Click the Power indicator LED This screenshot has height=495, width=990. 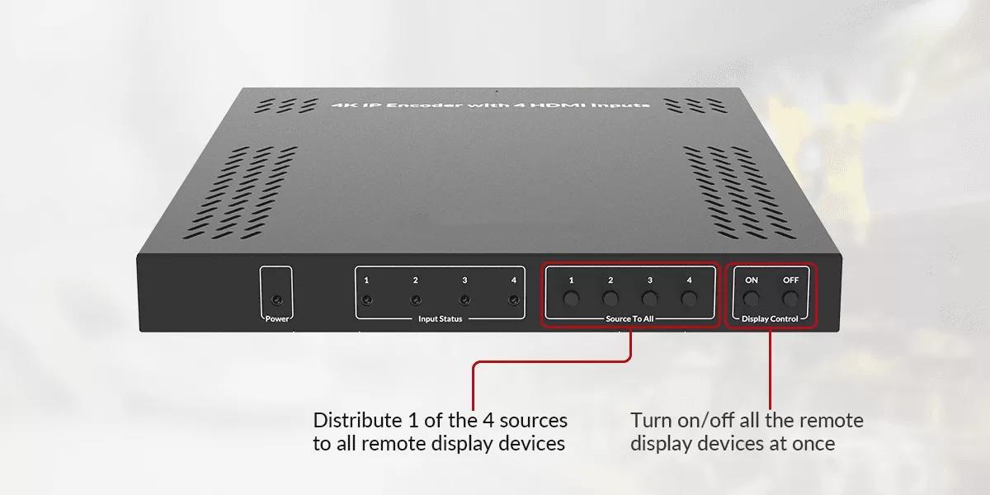(x=277, y=300)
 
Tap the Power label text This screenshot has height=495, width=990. (x=277, y=318)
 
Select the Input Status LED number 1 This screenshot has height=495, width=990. (x=366, y=300)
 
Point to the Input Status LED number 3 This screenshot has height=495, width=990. (x=464, y=300)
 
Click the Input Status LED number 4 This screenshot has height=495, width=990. (x=513, y=300)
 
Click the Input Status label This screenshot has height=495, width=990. (x=441, y=318)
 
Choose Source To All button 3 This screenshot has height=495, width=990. (x=650, y=299)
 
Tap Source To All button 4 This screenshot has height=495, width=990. (x=689, y=299)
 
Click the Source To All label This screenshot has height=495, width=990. (x=629, y=318)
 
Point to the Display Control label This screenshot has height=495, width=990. (x=770, y=318)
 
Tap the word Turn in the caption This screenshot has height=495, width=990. (x=652, y=420)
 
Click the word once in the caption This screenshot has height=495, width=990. (x=813, y=444)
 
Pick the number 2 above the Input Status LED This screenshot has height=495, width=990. (x=416, y=280)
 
